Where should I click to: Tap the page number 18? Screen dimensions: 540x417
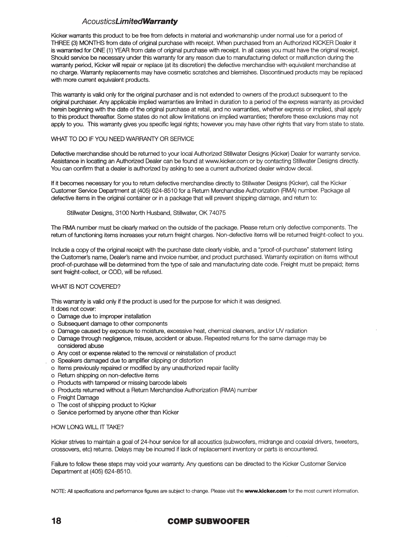pos(56,521)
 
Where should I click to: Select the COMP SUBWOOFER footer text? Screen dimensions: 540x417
pos(209,521)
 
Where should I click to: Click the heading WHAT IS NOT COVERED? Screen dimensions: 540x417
pos(86,287)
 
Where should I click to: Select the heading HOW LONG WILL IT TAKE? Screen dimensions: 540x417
pos(87,427)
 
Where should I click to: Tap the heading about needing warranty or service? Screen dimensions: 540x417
pos(122,139)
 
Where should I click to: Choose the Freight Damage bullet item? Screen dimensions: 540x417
pos(78,397)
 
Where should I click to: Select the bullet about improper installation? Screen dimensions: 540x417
pos(104,316)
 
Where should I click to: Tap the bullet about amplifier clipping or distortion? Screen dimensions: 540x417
pos(130,360)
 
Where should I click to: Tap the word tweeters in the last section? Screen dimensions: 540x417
pos(346,442)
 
